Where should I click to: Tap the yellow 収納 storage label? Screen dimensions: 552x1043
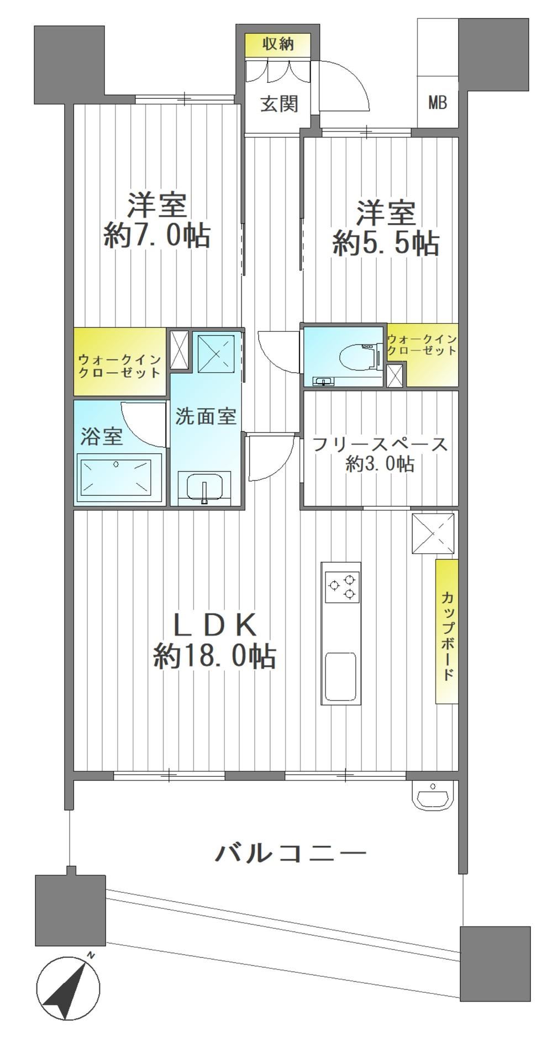(278, 44)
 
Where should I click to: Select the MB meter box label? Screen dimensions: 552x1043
(437, 102)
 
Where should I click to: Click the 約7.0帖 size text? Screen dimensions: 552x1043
(156, 237)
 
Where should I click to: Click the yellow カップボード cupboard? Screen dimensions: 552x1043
(446, 631)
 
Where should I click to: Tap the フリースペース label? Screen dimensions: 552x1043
(380, 444)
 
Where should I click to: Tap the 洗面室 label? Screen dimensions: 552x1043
(206, 416)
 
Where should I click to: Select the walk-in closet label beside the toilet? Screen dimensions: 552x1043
(422, 345)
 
